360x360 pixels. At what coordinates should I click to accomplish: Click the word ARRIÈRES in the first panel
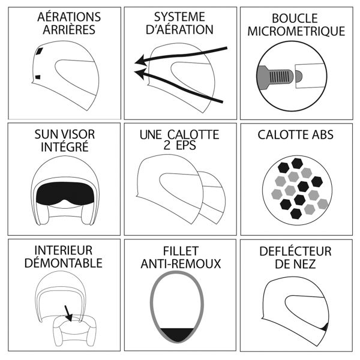69,30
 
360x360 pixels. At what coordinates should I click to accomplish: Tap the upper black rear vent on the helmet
40,51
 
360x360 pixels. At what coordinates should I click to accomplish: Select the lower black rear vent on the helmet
38,77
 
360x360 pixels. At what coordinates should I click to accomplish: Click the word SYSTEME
179,17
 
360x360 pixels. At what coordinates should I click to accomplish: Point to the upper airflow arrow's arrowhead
140,61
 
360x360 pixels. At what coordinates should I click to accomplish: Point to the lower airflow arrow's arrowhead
140,73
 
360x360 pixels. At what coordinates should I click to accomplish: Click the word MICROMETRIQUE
296,31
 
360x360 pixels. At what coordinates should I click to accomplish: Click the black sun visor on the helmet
65,193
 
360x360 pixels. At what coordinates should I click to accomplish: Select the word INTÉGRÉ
65,147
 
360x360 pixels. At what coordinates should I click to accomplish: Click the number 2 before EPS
167,145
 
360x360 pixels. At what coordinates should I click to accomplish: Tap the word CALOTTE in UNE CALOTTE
193,135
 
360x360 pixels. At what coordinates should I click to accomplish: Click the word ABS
322,135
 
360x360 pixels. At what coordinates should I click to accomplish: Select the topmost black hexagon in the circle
297,163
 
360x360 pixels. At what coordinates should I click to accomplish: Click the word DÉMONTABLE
64,263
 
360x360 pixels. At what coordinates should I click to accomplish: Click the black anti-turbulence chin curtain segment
177,335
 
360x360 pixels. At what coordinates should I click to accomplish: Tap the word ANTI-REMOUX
181,263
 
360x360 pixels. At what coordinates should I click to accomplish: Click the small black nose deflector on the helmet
325,327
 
